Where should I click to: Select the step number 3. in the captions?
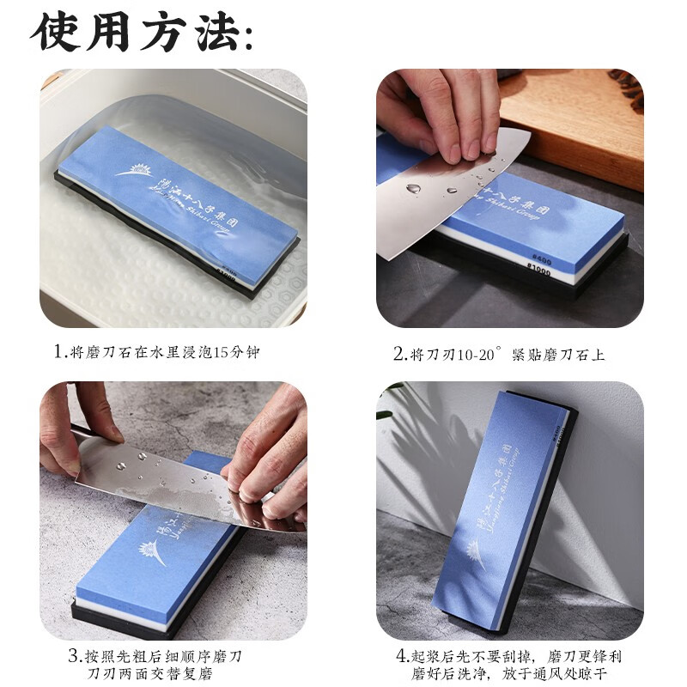pyautogui.click(x=75, y=656)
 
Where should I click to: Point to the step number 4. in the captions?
pyautogui.click(x=402, y=656)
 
